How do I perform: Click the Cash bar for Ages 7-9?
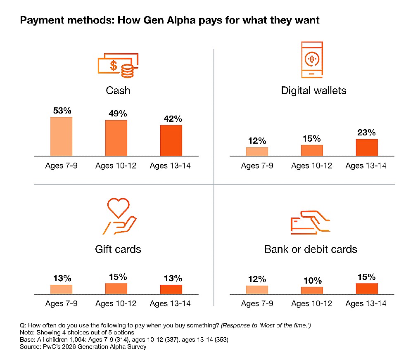pyautogui.click(x=61, y=137)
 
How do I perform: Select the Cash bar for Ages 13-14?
pyautogui.click(x=171, y=140)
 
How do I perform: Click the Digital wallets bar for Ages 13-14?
pyautogui.click(x=367, y=147)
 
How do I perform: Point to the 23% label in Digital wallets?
pyautogui.click(x=367, y=133)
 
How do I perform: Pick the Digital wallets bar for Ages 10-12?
pyautogui.click(x=312, y=150)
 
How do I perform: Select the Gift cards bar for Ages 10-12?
pyautogui.click(x=116, y=289)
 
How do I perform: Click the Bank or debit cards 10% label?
pyautogui.click(x=312, y=281)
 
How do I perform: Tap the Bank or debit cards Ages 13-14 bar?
pyautogui.click(x=367, y=289)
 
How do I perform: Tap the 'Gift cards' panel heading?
pyautogui.click(x=118, y=249)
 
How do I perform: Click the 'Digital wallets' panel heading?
pyautogui.click(x=313, y=90)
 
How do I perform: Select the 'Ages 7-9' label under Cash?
pyautogui.click(x=61, y=166)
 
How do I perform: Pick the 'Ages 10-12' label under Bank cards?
pyautogui.click(x=312, y=304)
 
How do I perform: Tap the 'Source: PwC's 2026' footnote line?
pyautogui.click(x=83, y=347)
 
